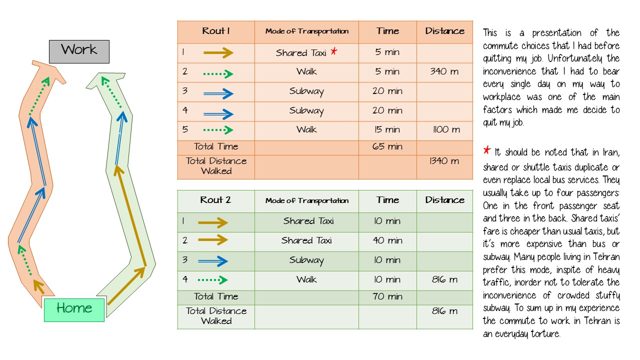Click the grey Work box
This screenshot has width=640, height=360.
(79, 51)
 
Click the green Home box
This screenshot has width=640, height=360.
(74, 310)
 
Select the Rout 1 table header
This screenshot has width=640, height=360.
(216, 31)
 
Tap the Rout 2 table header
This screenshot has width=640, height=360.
(215, 199)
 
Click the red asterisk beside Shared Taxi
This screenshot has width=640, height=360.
(333, 51)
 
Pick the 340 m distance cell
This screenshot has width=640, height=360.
(444, 71)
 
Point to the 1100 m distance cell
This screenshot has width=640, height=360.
(446, 129)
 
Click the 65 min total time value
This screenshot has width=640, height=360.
(387, 146)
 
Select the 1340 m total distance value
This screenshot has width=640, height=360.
(444, 161)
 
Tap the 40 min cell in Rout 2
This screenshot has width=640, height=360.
(387, 240)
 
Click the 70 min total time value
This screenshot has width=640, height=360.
(387, 296)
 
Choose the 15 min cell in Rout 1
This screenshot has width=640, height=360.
(387, 129)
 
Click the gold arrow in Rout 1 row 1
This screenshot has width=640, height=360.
(218, 52)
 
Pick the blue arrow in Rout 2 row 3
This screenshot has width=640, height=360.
(213, 261)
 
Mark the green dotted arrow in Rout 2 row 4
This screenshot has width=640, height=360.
(213, 279)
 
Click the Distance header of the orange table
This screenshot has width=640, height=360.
(445, 31)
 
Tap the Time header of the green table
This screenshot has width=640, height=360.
(387, 199)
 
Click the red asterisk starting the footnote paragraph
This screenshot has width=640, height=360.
(487, 150)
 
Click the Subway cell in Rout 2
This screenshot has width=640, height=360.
(306, 260)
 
